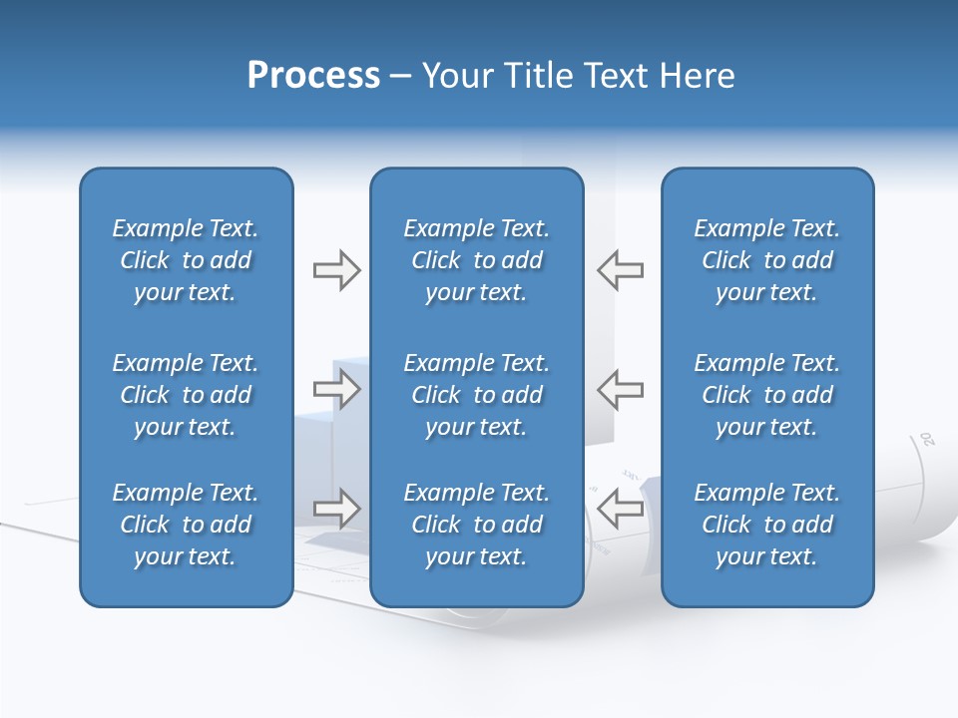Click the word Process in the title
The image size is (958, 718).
313,76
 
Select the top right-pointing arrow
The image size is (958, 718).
336,270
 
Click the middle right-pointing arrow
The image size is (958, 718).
336,389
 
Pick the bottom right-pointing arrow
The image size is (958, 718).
336,509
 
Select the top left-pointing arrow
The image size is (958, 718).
620,270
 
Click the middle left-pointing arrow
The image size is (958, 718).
620,389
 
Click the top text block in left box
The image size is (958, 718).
186,260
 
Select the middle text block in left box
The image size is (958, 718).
186,395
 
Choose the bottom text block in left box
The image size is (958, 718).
186,525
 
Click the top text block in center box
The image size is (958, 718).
476,260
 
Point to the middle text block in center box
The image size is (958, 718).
476,395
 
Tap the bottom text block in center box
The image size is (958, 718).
476,525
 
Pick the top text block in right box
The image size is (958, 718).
766,260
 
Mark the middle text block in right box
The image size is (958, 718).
766,395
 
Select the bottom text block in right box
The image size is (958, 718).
766,525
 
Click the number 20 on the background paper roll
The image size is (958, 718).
927,439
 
